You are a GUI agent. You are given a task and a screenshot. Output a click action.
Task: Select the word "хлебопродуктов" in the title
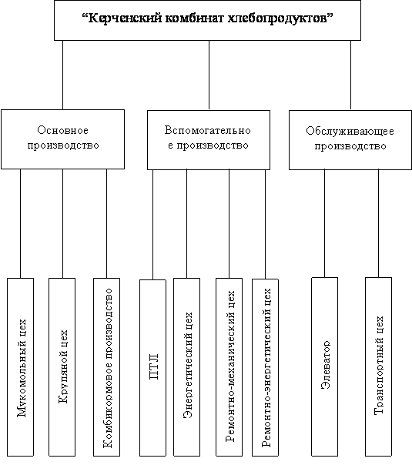pyautogui.click(x=277, y=18)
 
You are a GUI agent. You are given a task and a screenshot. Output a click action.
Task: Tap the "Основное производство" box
pyautogui.click(x=62, y=139)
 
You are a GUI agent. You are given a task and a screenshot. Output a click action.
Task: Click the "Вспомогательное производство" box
pyautogui.click(x=209, y=140)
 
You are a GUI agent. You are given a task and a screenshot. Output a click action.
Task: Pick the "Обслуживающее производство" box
pyautogui.click(x=350, y=140)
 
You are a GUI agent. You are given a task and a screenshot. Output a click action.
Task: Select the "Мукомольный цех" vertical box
pyautogui.click(x=20, y=367)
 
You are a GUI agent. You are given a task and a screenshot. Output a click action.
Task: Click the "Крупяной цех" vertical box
pyautogui.click(x=62, y=367)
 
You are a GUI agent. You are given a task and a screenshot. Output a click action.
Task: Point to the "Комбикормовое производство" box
pyautogui.click(x=106, y=367)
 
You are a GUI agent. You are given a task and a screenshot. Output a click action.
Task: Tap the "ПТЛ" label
pyautogui.click(x=154, y=366)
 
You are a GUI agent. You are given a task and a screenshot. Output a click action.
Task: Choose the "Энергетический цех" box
pyautogui.click(x=186, y=367)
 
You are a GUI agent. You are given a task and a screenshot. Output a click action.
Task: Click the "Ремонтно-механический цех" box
pyautogui.click(x=229, y=367)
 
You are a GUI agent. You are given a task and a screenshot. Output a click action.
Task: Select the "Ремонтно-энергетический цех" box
pyautogui.click(x=265, y=367)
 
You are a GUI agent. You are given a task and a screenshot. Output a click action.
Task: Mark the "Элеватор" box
pyautogui.click(x=324, y=366)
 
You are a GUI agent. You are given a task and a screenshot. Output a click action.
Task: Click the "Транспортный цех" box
pyautogui.click(x=378, y=366)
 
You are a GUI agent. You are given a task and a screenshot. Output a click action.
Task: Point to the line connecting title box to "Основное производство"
pyautogui.click(x=62, y=75)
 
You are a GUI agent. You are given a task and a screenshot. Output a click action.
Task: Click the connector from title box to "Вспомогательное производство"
pyautogui.click(x=209, y=75)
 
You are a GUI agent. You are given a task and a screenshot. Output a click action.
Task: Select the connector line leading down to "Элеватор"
pyautogui.click(x=324, y=223)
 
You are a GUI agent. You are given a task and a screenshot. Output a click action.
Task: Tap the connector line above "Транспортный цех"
pyautogui.click(x=378, y=223)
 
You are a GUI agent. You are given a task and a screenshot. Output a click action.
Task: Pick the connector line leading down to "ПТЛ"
pyautogui.click(x=152, y=225)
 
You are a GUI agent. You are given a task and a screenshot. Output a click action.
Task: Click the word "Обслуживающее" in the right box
pyautogui.click(x=350, y=132)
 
